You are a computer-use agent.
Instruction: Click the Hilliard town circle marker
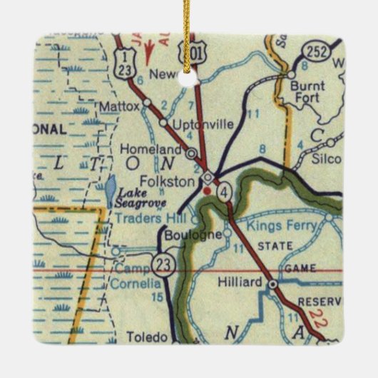(272, 285)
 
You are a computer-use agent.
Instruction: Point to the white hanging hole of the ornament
(188, 75)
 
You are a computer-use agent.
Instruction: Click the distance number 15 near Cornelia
(156, 297)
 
